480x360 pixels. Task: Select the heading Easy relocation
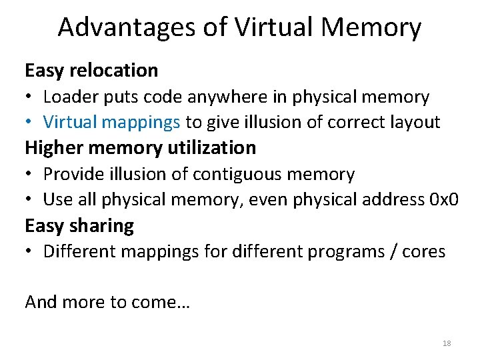[91, 70]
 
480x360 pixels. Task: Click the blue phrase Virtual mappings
[111, 122]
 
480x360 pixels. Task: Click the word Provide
[74, 174]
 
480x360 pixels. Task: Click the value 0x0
[445, 199]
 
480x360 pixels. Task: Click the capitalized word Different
[78, 251]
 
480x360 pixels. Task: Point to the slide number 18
[447, 343]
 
